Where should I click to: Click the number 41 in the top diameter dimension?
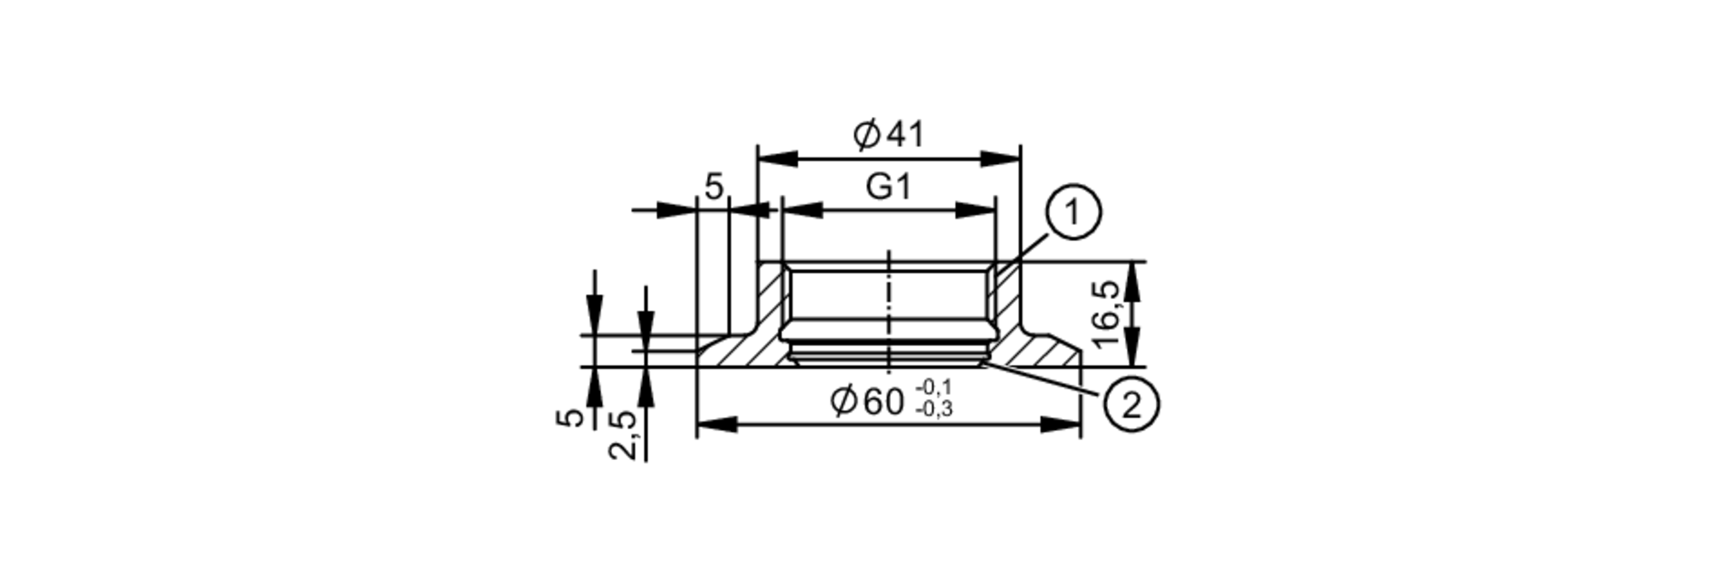pos(905,135)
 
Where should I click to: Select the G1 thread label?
pos(889,187)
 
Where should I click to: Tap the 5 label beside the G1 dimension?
pos(714,186)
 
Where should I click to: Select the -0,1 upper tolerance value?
pos(934,389)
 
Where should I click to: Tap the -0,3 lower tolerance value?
pos(934,409)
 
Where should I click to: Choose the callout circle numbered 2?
pos(1131,404)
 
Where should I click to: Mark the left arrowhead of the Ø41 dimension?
pos(777,159)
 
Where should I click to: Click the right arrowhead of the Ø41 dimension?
pos(1000,159)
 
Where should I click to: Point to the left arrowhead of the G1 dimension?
pos(801,210)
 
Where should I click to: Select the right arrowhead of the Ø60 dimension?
pos(1061,425)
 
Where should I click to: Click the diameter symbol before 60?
pos(844,402)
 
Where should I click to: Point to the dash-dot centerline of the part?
pos(889,312)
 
